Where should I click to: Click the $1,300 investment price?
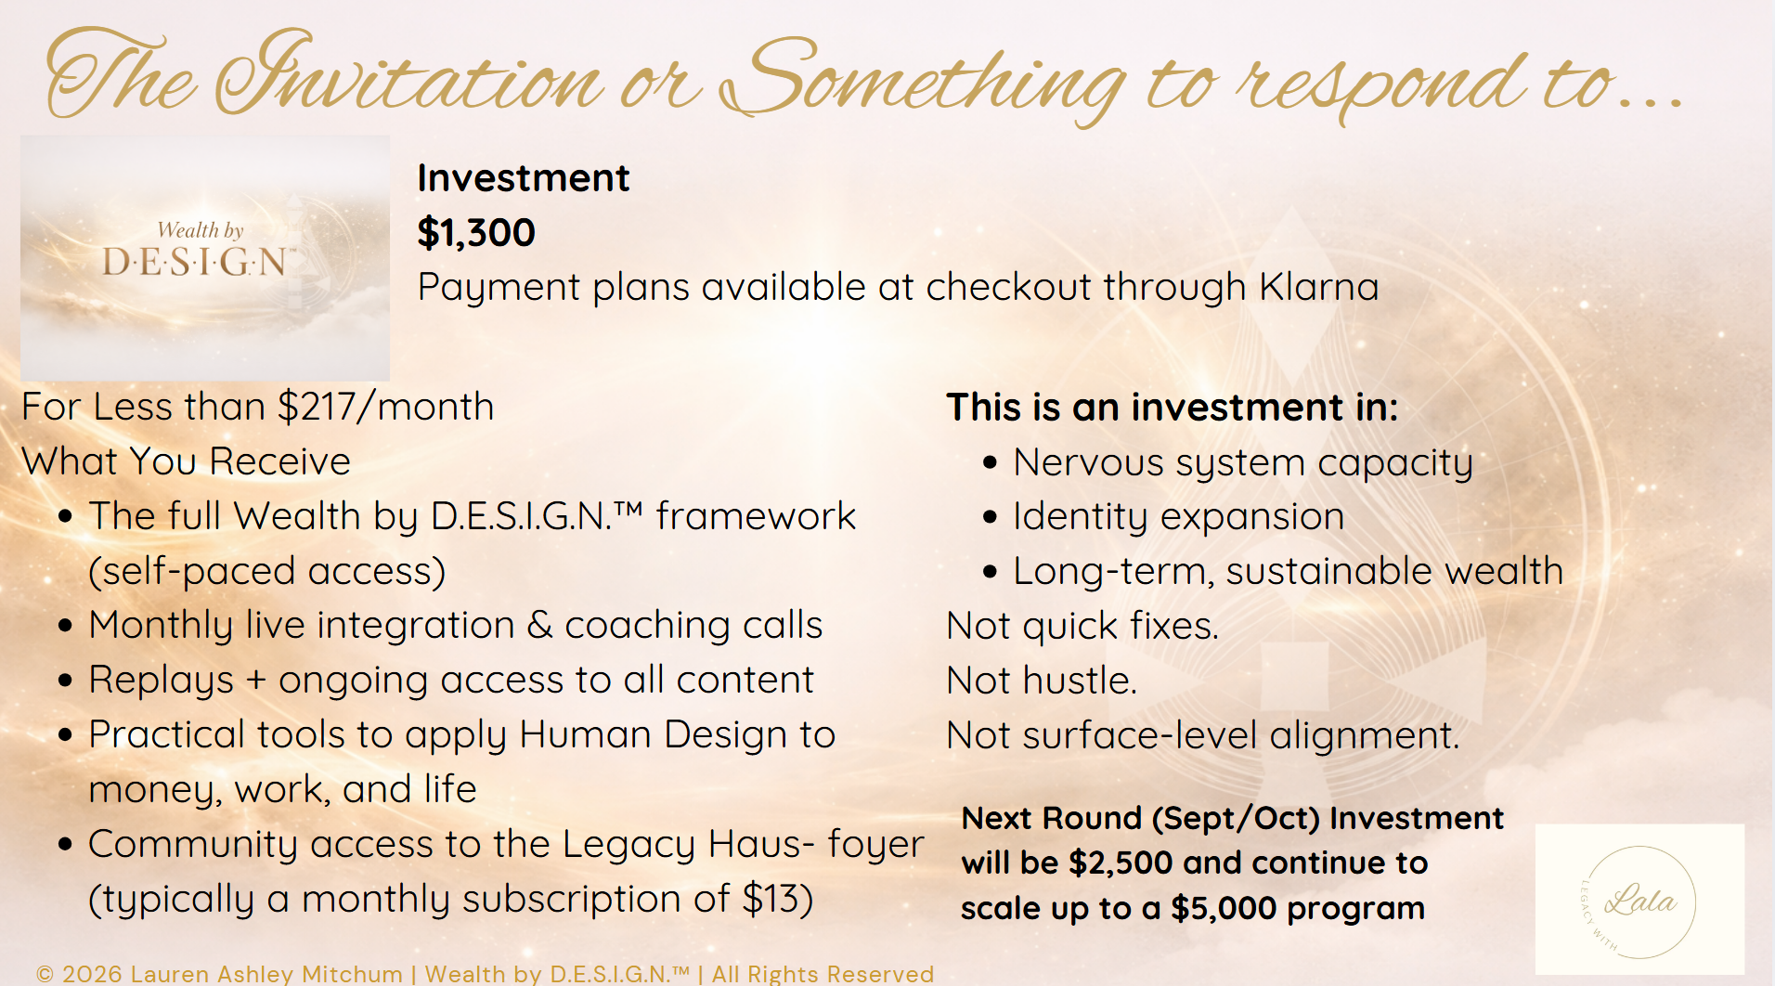476,232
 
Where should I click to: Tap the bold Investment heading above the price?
524,177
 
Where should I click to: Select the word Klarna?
1318,287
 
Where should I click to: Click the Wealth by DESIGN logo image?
205,258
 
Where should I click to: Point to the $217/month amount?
386,407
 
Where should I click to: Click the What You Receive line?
186,461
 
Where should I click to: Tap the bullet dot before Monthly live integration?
65,626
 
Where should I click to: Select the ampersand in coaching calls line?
539,626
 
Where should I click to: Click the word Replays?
162,681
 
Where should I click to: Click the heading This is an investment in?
1172,408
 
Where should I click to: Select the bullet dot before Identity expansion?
990,517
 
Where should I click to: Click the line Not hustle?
1042,681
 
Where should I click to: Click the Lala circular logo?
1639,901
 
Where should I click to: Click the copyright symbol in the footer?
45,974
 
